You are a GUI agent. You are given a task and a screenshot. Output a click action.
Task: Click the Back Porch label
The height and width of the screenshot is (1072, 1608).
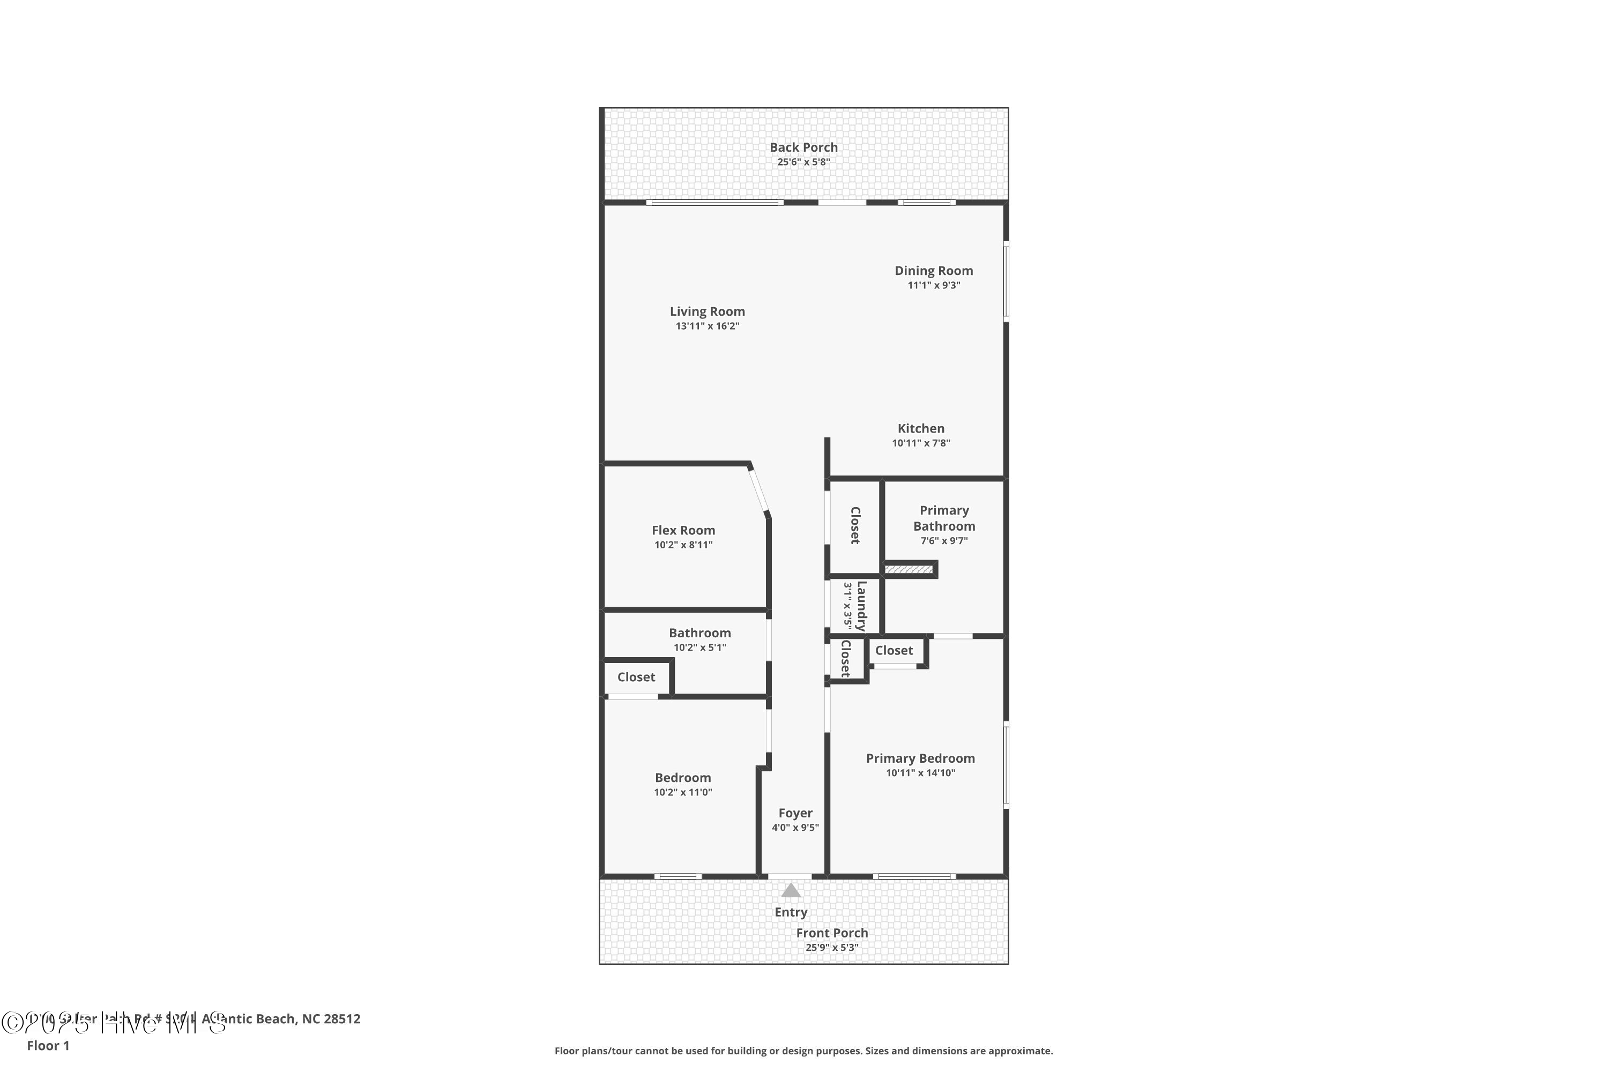[803, 147]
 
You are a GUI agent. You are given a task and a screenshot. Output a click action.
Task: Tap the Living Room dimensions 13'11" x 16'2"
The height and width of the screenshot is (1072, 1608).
[707, 326]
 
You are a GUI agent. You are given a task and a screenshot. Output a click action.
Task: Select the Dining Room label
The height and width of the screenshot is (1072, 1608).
[933, 271]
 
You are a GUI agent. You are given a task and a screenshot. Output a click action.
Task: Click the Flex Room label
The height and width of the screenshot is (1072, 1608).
[683, 531]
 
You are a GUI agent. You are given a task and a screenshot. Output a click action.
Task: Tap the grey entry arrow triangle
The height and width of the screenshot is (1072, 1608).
[791, 890]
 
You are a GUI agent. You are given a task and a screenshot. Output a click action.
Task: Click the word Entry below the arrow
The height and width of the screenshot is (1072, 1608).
[791, 912]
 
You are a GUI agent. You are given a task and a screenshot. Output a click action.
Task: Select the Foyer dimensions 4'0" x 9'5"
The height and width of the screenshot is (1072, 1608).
[795, 827]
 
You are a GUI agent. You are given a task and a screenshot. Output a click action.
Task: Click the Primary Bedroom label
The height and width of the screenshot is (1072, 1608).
[920, 758]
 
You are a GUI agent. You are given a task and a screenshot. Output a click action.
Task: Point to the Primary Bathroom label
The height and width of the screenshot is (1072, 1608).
[944, 518]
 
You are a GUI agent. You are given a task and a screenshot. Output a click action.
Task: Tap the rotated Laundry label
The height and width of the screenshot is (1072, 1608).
[861, 606]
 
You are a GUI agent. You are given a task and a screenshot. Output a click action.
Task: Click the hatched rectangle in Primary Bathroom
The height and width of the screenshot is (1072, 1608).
[909, 569]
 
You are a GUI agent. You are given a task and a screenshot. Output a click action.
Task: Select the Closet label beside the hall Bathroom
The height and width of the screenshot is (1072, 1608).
[636, 677]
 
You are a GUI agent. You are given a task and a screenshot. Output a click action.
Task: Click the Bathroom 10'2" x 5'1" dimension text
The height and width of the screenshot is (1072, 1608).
[699, 647]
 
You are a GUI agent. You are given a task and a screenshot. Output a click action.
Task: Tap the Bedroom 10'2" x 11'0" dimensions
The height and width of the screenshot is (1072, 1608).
[683, 792]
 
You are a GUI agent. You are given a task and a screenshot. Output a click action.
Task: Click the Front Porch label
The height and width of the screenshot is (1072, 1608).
[832, 933]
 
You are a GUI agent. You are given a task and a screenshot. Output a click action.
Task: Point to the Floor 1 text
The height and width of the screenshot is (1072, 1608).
[48, 1045]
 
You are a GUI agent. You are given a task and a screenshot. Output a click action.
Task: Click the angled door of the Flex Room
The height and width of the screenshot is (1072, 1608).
[759, 489]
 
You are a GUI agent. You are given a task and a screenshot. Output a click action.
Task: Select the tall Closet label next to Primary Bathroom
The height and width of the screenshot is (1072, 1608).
[854, 525]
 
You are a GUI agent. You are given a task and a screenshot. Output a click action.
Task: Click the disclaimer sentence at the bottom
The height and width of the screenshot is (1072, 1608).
[803, 1051]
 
